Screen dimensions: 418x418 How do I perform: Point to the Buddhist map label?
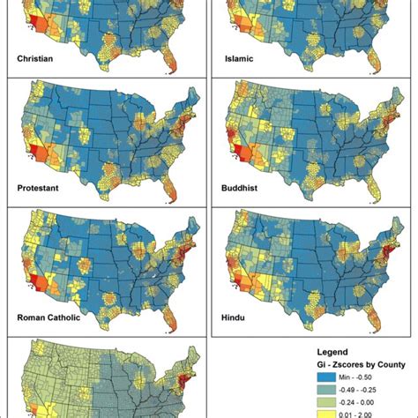[x=246, y=188]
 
